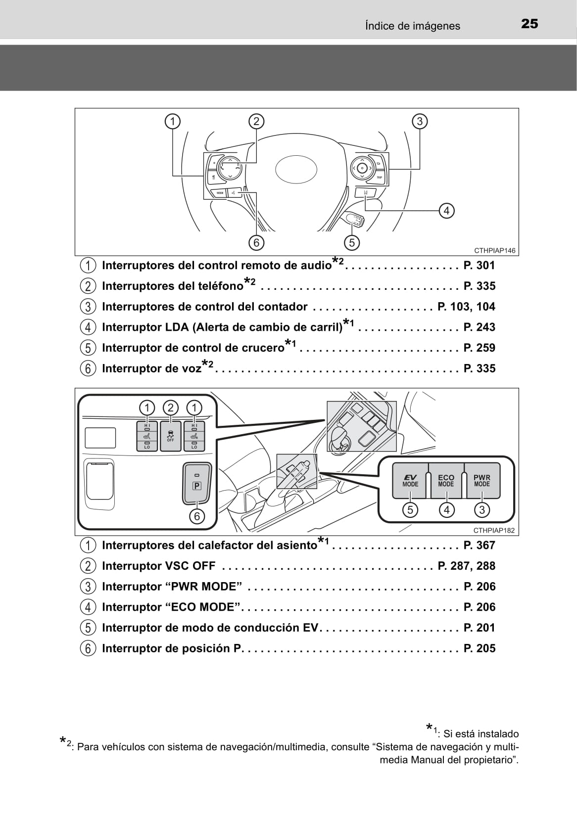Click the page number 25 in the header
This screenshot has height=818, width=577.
[529, 24]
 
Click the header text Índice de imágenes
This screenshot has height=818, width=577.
[412, 26]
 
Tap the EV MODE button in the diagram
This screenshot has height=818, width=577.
[410, 481]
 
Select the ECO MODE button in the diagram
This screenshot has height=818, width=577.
[446, 481]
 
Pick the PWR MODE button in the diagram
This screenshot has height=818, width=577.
[482, 481]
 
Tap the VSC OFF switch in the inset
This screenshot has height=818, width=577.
[170, 436]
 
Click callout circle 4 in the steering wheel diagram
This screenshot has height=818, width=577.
[446, 211]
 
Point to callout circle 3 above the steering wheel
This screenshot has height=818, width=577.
[419, 121]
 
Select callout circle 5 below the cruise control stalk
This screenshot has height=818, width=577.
[351, 242]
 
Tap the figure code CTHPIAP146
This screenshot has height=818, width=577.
[494, 250]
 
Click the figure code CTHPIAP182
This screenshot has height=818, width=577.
[494, 530]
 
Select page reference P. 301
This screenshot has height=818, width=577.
[479, 266]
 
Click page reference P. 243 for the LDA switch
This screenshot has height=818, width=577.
[479, 327]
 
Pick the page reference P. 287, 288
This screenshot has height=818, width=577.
[466, 566]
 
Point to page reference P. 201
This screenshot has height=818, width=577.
[479, 628]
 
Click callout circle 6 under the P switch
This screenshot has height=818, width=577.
[197, 516]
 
